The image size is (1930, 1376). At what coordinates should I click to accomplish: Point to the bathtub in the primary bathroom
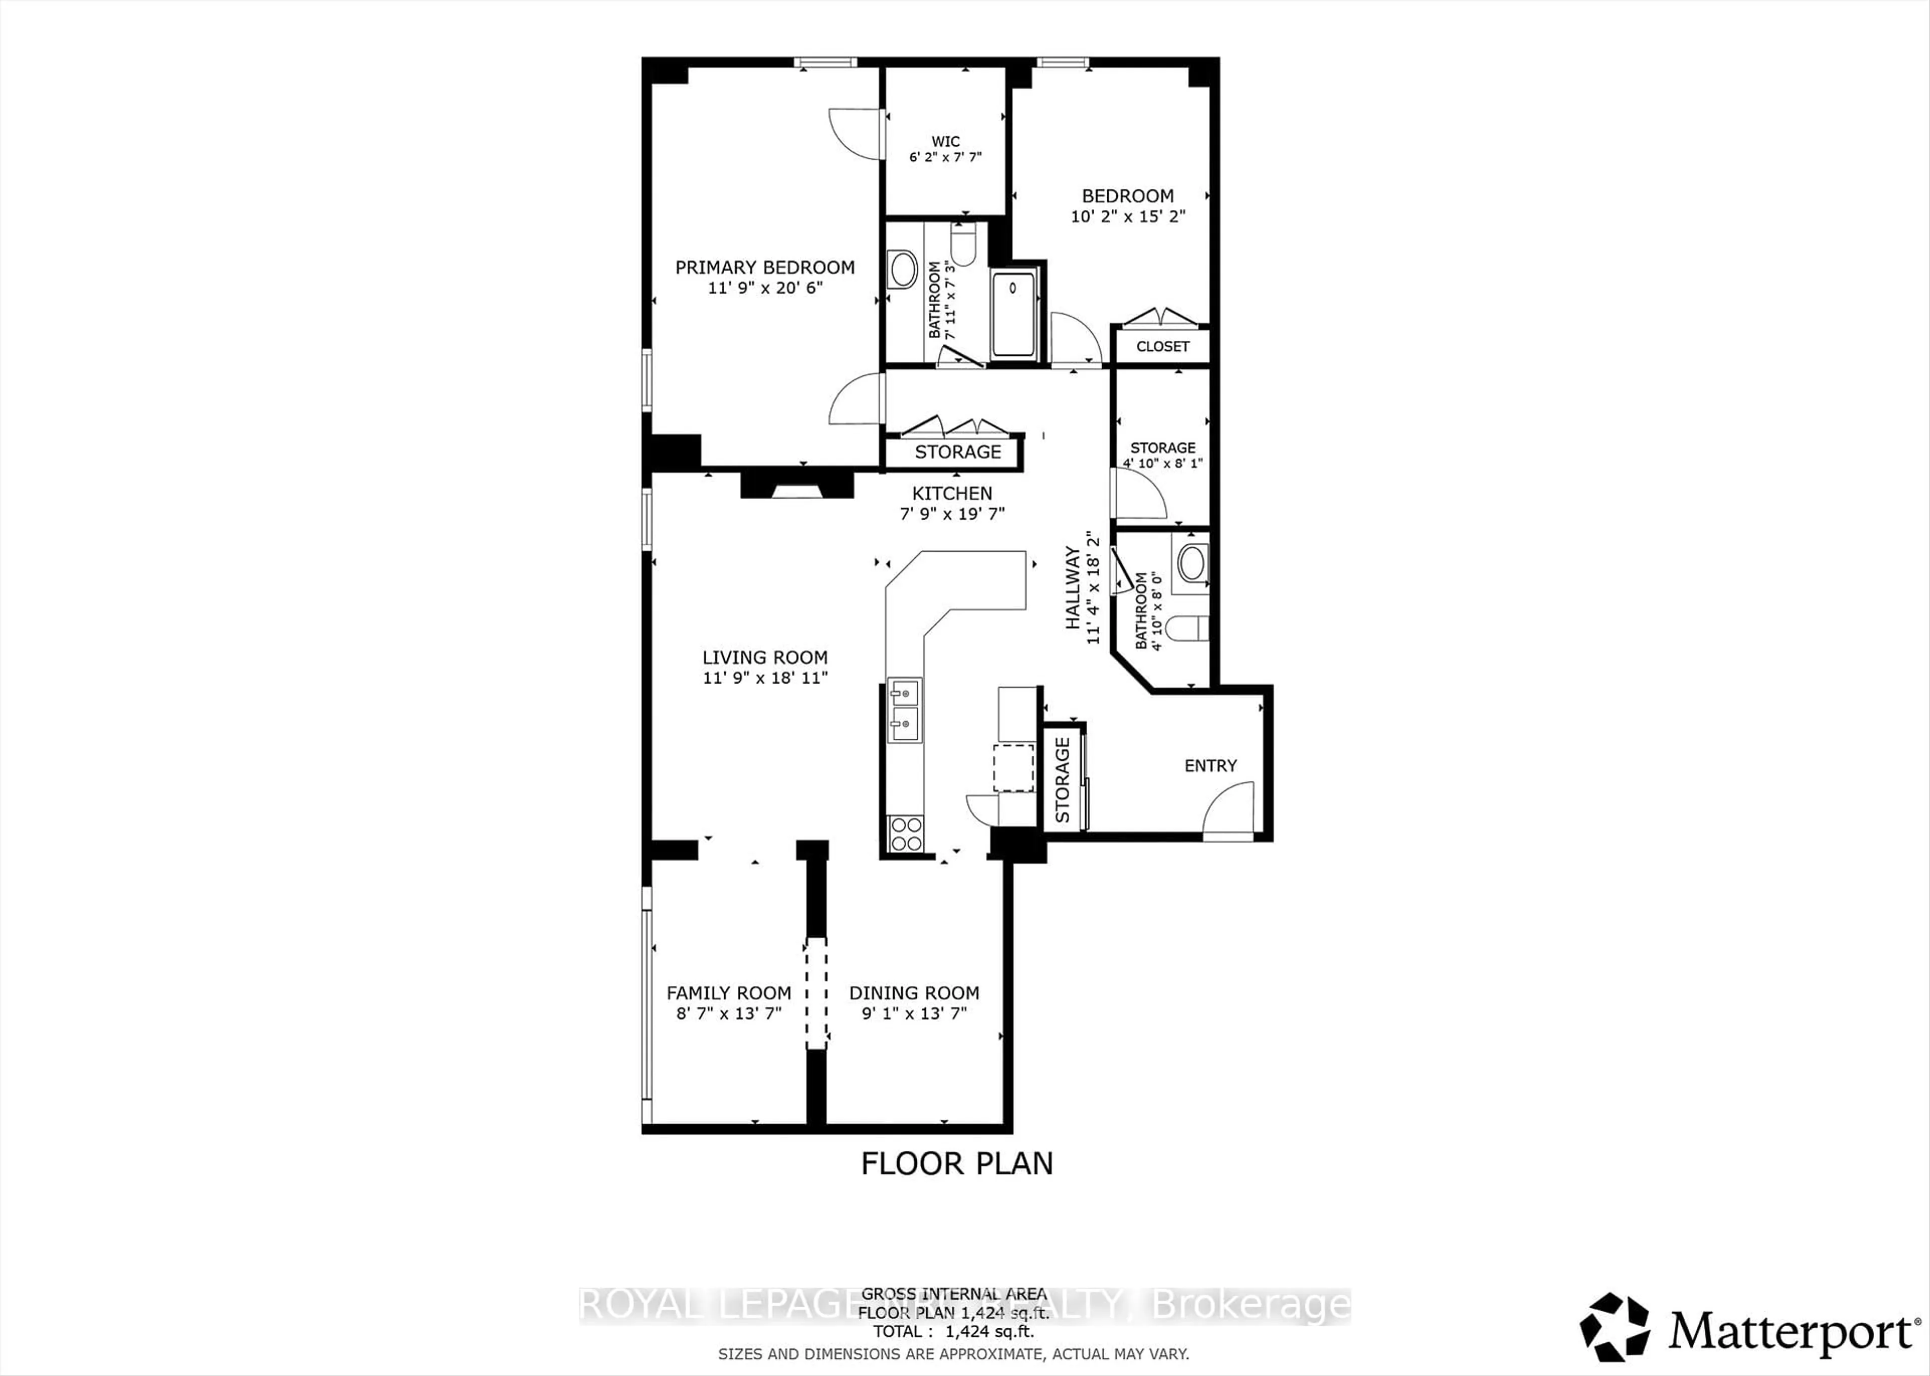(1013, 314)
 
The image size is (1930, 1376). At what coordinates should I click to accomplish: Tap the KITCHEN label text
(951, 493)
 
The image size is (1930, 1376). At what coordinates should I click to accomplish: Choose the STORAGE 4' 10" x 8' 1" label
(1163, 455)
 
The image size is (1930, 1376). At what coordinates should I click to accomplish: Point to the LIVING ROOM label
(764, 657)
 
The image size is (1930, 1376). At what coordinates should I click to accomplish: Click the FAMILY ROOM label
(729, 993)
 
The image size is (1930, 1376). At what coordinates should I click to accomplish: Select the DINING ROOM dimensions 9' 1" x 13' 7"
(914, 1013)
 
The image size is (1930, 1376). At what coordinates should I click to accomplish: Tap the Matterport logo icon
(1614, 1327)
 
